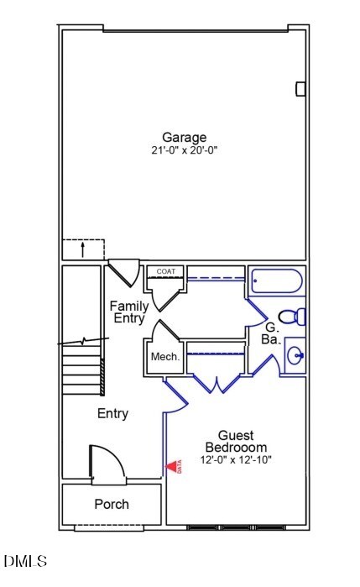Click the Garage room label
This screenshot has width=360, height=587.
[x=184, y=138]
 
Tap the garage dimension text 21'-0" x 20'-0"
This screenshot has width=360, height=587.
[x=184, y=151]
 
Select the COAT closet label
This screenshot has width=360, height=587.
[x=166, y=271]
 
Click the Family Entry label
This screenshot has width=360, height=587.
[x=129, y=312]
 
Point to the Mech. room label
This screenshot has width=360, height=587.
[x=165, y=357]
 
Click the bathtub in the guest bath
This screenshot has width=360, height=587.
[x=277, y=280]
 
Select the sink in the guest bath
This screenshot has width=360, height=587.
[x=295, y=355]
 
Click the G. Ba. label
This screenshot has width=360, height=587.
[x=271, y=333]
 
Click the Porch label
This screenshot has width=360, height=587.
[x=112, y=504]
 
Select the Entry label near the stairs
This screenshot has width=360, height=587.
[x=112, y=413]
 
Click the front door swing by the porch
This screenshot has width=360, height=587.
[x=107, y=464]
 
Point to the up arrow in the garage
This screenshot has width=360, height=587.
[x=82, y=249]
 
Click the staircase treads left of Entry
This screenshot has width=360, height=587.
[x=82, y=374]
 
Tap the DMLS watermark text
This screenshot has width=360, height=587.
[x=25, y=560]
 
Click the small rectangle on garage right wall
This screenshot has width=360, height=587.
[x=300, y=89]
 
